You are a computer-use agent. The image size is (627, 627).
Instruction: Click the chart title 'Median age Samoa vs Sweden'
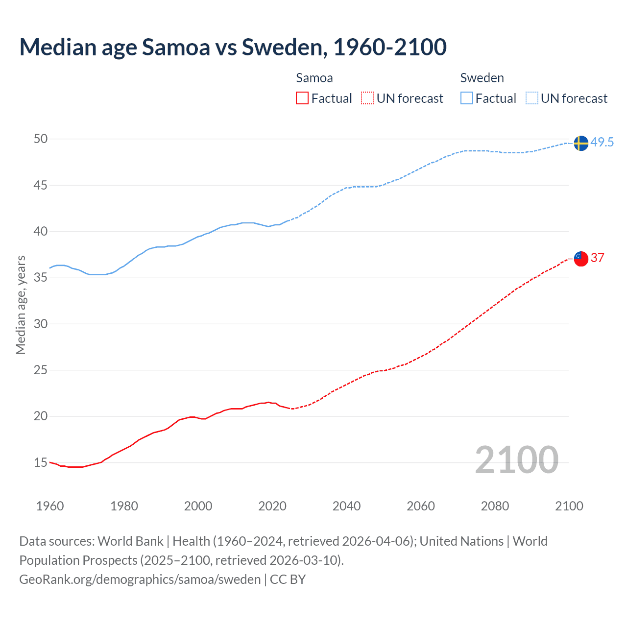click(233, 47)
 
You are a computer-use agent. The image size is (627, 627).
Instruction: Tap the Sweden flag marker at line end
click(580, 143)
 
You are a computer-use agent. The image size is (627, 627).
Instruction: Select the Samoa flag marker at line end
click(580, 259)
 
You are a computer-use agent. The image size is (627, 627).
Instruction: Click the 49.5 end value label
click(602, 143)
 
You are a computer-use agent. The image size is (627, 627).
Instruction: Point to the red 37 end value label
click(597, 258)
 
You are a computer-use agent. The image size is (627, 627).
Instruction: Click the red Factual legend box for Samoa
click(302, 98)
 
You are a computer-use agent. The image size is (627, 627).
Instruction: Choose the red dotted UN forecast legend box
click(367, 98)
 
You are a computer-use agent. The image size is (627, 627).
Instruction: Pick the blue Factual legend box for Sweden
click(466, 98)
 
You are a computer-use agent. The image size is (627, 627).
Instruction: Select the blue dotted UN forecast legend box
click(531, 98)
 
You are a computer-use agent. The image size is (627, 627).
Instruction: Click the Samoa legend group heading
click(314, 78)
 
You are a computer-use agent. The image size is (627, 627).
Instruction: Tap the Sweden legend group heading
click(482, 78)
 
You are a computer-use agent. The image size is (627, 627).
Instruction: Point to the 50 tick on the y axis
click(41, 139)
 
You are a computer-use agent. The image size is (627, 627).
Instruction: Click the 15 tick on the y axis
click(41, 462)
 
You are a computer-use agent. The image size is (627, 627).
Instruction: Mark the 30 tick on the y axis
click(41, 324)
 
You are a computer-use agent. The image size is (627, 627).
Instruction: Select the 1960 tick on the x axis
click(50, 506)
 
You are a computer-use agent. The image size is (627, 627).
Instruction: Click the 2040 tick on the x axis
click(346, 506)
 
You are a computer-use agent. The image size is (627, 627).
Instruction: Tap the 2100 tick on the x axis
click(569, 506)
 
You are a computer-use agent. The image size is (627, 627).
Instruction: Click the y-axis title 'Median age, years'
click(21, 305)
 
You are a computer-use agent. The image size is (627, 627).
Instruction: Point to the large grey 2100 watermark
click(516, 460)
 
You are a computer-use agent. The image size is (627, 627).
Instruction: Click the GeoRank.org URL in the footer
click(140, 579)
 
